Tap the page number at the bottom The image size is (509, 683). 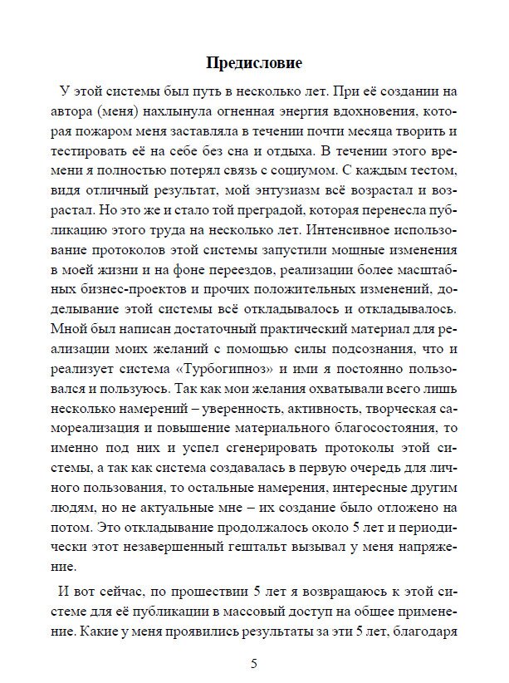click(x=254, y=663)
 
